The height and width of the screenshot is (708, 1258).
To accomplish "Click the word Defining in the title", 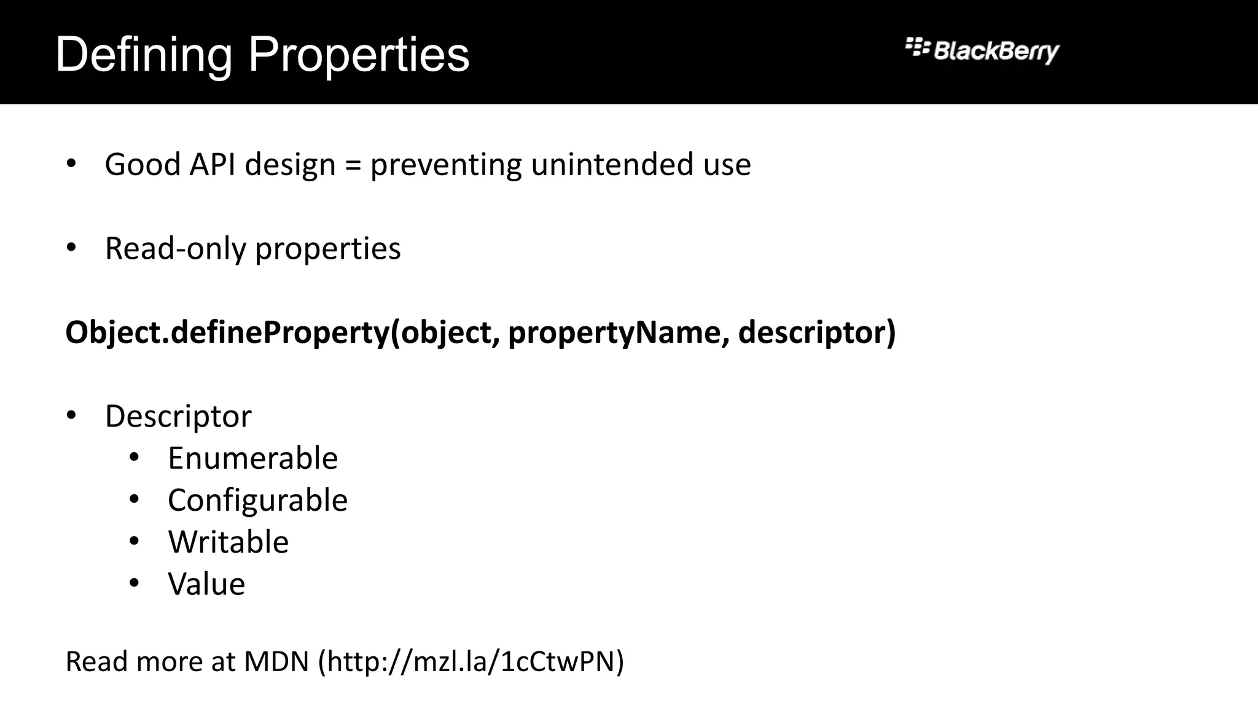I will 144,55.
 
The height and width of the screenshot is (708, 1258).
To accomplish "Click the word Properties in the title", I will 359,55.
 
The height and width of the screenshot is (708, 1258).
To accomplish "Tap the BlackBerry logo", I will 982,50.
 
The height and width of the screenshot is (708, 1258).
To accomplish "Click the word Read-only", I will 175,249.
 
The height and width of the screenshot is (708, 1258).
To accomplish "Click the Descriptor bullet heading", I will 178,417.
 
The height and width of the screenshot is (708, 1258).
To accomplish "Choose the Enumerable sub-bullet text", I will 252,458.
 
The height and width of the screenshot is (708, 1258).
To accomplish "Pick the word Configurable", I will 257,500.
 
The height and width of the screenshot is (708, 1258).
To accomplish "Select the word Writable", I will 228,542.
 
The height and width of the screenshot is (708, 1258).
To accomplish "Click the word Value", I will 206,584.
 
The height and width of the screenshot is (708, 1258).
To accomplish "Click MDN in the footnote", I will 276,662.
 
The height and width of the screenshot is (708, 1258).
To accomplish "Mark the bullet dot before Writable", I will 135,541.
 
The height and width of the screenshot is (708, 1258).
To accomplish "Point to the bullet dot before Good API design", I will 71,164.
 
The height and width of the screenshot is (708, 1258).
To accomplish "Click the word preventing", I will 446,165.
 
